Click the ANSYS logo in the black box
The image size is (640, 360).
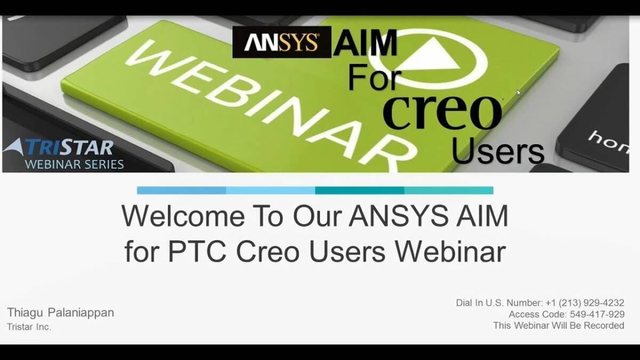pos(282,42)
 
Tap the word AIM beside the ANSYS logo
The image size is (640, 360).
pos(365,43)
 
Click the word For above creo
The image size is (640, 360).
pos(375,77)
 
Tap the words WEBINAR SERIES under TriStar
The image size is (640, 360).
pos(74,165)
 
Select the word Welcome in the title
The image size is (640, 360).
pos(183,215)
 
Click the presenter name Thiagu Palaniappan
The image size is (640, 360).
pos(61,313)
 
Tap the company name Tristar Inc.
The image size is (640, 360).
pos(29,327)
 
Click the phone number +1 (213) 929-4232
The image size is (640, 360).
pos(585,303)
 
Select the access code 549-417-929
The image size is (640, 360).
pos(597,314)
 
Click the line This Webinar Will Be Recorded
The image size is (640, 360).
pos(558,325)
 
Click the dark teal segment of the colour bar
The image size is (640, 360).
pos(359,190)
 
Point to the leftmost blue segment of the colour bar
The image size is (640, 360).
pos(181,190)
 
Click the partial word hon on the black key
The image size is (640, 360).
pos(609,143)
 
